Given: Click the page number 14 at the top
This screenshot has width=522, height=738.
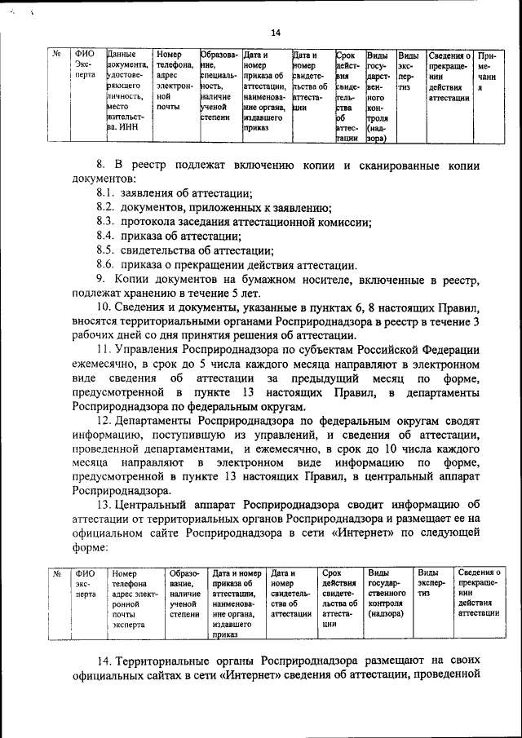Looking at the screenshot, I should (276, 33).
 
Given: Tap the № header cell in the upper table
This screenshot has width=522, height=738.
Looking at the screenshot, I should (57, 54).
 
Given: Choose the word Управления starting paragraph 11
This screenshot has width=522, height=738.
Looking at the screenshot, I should (153, 351).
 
